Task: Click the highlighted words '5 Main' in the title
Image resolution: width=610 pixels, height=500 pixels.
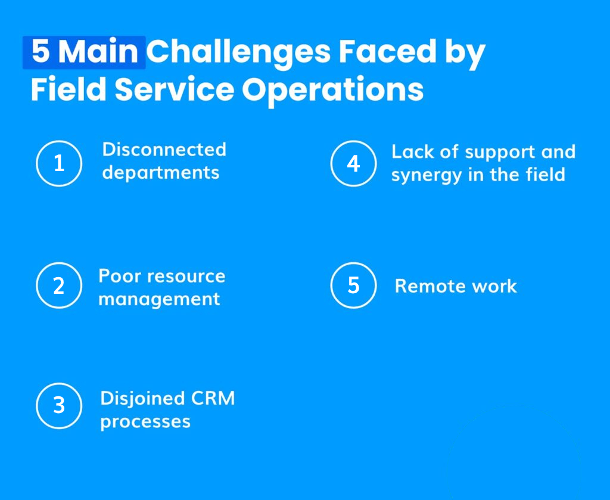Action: click(84, 52)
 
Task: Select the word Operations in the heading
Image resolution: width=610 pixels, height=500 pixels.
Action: click(332, 91)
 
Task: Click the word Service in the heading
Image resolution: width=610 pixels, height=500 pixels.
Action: click(175, 89)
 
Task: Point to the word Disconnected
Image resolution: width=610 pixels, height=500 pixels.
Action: click(164, 150)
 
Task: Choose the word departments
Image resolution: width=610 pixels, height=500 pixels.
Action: click(161, 173)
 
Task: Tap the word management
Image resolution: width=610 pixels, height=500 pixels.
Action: click(159, 300)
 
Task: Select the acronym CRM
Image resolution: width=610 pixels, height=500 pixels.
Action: click(213, 398)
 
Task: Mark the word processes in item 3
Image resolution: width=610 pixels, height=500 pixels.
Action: click(145, 422)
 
